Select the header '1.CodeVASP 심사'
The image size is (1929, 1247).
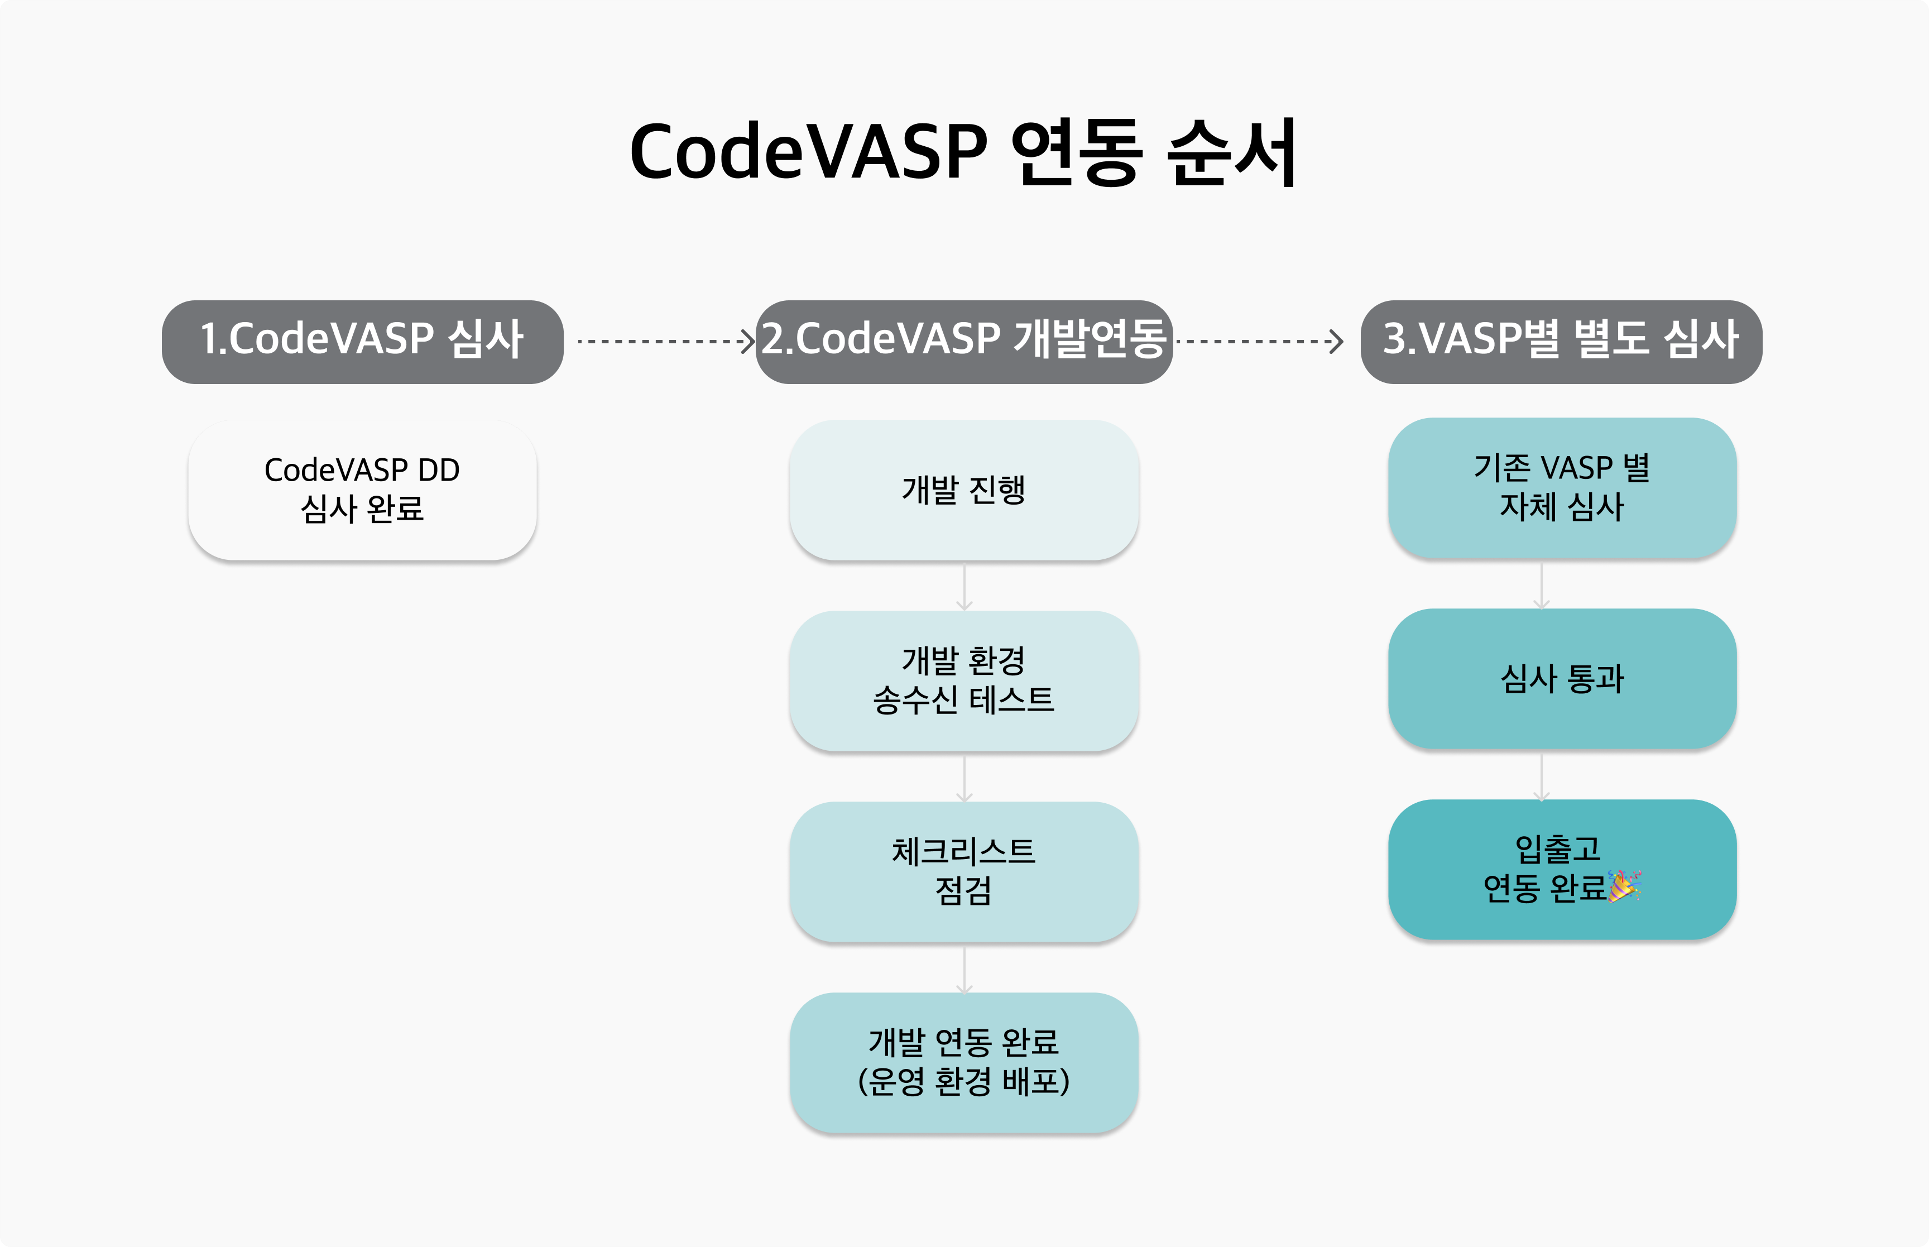363,342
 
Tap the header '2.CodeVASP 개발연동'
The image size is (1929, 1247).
964,342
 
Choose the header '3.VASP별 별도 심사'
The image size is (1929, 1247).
1562,342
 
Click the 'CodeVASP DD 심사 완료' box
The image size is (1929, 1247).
363,490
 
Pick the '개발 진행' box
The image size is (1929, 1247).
964,490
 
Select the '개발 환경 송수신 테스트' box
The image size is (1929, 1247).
964,681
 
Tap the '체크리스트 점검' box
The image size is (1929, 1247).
964,872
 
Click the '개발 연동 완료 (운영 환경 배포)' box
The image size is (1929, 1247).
964,1062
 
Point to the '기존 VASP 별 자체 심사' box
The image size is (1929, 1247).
1562,487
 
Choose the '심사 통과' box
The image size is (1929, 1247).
1562,679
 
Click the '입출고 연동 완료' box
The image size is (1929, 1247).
1562,870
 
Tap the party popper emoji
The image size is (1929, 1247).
1624,886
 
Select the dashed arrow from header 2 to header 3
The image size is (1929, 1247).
1259,342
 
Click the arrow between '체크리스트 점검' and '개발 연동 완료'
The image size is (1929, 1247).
964,969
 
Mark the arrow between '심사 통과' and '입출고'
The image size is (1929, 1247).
1541,776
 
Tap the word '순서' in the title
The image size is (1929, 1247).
1231,152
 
